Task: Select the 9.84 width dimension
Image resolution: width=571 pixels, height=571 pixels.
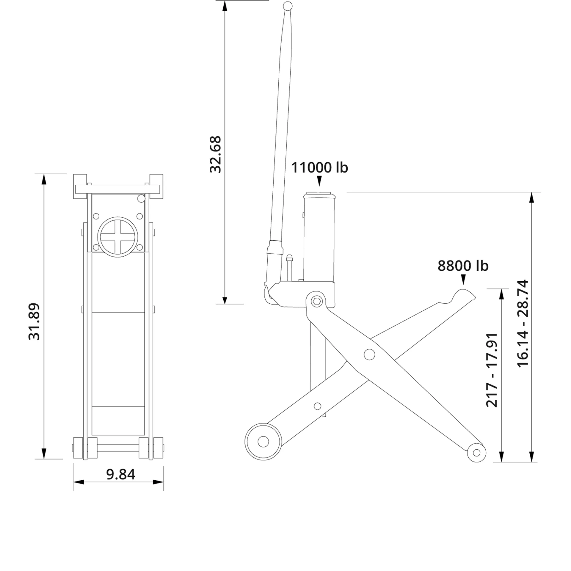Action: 121,474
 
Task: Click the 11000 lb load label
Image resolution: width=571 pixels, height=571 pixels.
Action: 319,167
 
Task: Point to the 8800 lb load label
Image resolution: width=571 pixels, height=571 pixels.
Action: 463,266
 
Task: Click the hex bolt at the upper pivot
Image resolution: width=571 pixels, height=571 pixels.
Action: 317,302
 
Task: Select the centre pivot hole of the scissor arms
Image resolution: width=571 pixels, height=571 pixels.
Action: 369,354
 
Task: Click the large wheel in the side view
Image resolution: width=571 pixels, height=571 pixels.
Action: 263,442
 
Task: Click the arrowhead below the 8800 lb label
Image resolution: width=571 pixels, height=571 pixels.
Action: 463,280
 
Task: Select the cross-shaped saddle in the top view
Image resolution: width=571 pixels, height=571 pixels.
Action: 118,237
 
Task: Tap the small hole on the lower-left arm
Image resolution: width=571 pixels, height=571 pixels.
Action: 317,406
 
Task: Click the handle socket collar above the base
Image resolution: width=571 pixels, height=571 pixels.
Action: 275,247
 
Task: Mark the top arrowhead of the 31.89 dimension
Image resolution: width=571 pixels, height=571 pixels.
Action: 44,179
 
